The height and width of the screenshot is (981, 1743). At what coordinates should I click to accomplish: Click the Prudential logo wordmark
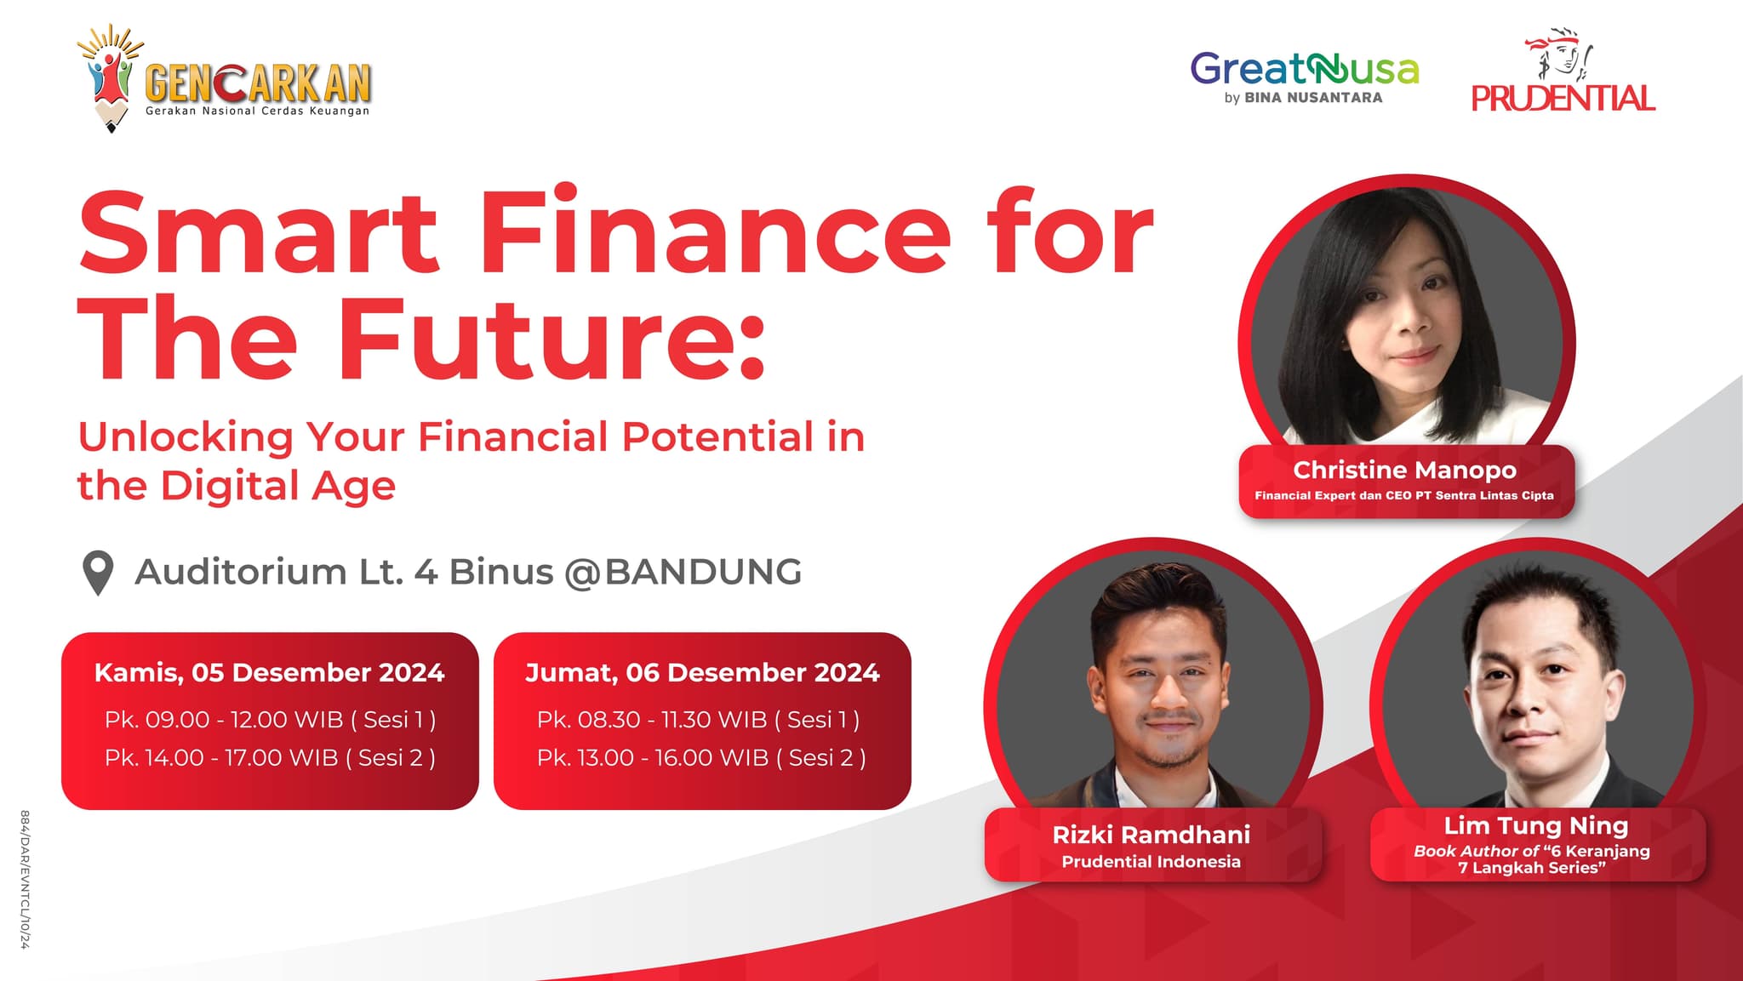click(1563, 99)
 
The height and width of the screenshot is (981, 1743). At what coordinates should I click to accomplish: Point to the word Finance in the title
click(716, 232)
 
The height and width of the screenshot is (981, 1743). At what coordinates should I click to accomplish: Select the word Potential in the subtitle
click(718, 436)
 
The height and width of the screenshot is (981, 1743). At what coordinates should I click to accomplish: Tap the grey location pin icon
click(98, 573)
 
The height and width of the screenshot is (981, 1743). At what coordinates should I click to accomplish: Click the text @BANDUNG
click(683, 572)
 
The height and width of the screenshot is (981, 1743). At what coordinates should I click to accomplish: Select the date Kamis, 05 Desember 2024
click(269, 673)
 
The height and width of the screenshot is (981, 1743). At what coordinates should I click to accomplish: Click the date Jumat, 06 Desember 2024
click(702, 673)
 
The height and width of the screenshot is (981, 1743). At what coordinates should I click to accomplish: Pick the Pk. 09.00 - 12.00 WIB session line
click(270, 720)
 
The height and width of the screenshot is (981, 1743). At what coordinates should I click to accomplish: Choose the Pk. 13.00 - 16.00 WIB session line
click(701, 757)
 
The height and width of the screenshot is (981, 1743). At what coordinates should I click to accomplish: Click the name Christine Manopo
click(1404, 470)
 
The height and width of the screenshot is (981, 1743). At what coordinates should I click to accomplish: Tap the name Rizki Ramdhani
click(1151, 835)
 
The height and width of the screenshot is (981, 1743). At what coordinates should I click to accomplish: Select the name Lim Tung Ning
click(1535, 826)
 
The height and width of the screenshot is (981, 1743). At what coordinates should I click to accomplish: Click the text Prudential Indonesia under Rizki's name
click(1151, 862)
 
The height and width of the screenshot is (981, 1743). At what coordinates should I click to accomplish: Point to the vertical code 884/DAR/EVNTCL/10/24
click(26, 879)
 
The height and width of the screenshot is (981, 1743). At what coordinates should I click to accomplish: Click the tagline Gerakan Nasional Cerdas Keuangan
click(257, 111)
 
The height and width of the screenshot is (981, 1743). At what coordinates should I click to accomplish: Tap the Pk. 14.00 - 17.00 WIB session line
click(270, 757)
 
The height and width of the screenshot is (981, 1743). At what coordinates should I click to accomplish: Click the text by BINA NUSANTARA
click(1303, 98)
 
